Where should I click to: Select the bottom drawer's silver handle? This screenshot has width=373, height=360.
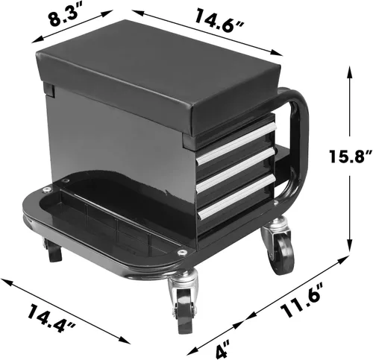pos(237,196)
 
